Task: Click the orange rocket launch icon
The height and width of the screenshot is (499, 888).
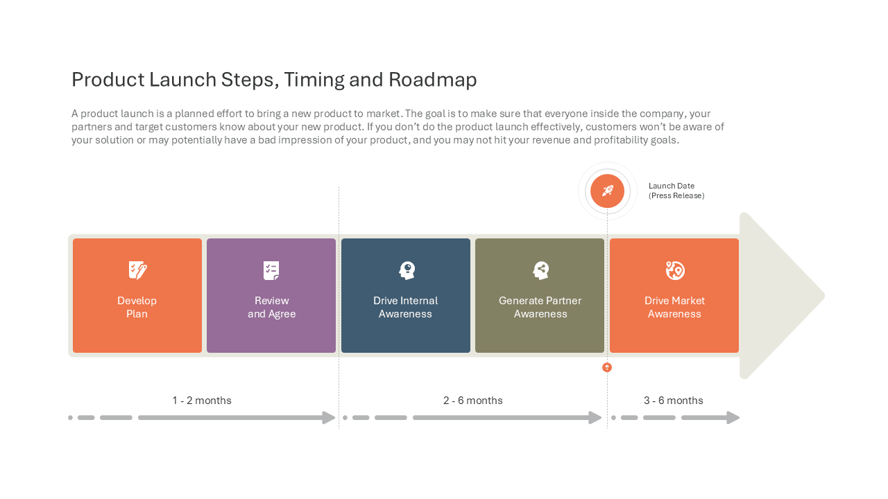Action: pos(607,191)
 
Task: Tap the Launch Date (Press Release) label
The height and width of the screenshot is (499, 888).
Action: pos(676,191)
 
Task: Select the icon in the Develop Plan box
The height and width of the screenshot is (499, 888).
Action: pos(137,270)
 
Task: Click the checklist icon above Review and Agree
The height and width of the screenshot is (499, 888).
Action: pos(271,270)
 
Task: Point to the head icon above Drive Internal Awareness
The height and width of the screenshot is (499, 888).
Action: pos(407,270)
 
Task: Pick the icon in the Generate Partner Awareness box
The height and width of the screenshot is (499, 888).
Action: pos(540,270)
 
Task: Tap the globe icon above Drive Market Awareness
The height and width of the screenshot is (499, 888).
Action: pos(675,270)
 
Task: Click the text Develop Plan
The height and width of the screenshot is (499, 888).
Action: pos(137,307)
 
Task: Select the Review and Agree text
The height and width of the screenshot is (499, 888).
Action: pos(271,307)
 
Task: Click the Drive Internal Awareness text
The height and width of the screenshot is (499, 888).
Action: pos(405,307)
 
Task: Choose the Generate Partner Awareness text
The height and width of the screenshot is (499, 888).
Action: pos(540,307)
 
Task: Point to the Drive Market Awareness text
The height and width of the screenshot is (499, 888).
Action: pos(674,307)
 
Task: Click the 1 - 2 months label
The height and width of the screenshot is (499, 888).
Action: pos(202,401)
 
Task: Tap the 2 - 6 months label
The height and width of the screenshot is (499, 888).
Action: pos(473,401)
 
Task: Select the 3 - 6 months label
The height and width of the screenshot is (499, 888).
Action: pos(673,401)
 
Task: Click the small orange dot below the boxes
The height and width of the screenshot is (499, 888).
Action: pos(607,367)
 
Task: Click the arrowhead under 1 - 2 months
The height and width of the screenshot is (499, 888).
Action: pos(329,417)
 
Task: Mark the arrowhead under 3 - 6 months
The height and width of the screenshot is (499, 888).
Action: pos(733,417)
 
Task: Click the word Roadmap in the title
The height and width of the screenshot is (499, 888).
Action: pos(432,80)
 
